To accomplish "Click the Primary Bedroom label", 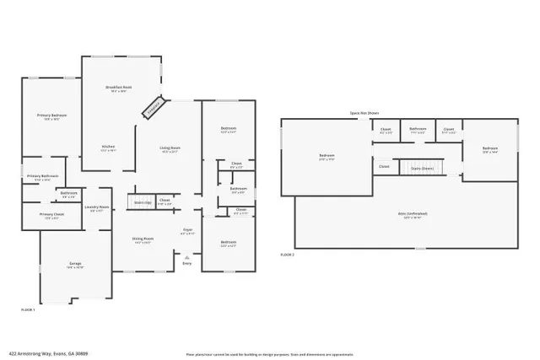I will tap(51, 115).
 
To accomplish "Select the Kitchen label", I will tap(109, 147).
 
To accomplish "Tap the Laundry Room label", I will tap(100, 207).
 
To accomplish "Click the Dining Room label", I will tap(143, 239).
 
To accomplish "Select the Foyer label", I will tap(188, 230).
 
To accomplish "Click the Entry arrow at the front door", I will tap(187, 258).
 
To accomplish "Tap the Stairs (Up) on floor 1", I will tap(140, 202).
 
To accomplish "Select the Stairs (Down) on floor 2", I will tap(423, 168).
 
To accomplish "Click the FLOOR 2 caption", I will tap(288, 254).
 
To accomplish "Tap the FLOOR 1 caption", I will tap(28, 310).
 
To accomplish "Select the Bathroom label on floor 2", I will tap(417, 130).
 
